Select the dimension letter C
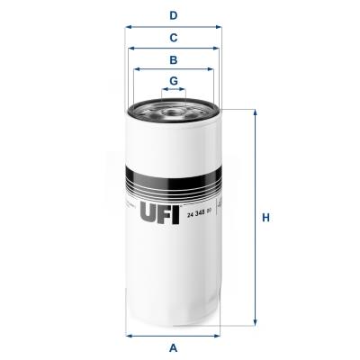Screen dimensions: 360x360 [173, 38]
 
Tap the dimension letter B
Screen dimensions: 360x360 [173, 59]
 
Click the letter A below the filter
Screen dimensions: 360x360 [173, 347]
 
